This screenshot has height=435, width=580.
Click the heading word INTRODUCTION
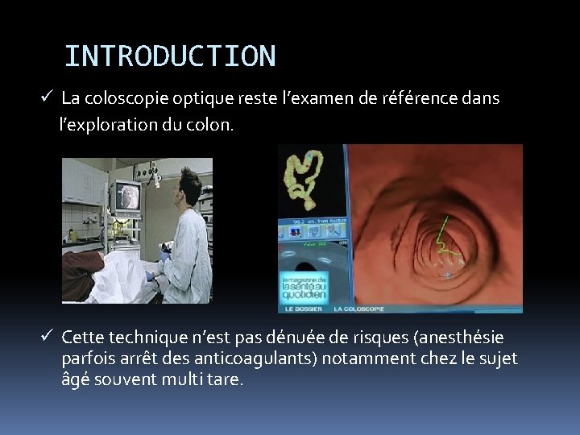tap(170, 56)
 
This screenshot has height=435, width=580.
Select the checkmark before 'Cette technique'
tap(48, 336)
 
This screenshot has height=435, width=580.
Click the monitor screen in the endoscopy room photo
tap(129, 197)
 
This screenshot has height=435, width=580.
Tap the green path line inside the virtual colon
tap(445, 242)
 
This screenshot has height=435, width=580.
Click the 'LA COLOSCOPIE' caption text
tap(359, 309)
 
